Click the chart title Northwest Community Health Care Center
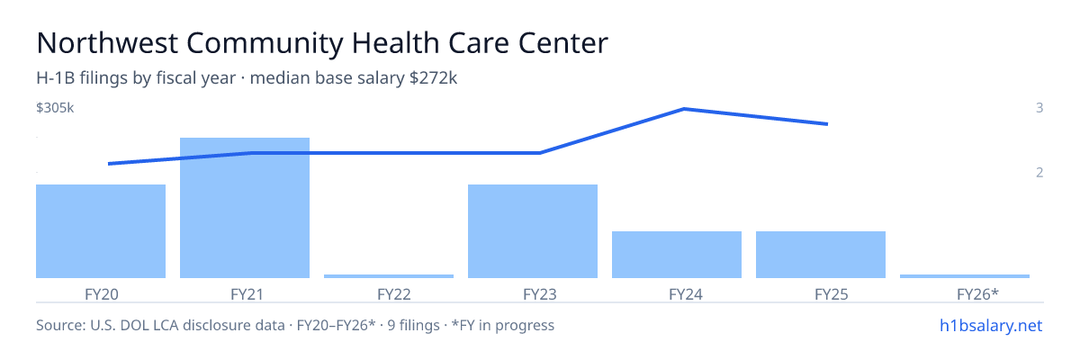click(x=322, y=43)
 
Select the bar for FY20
click(x=101, y=231)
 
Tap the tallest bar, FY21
click(x=245, y=208)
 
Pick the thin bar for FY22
click(x=389, y=276)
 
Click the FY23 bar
click(x=533, y=231)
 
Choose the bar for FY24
click(x=677, y=255)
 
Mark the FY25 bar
click(x=821, y=255)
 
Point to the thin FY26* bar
click(x=965, y=276)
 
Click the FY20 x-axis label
click(x=101, y=294)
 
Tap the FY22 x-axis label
click(x=394, y=294)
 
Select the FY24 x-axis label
click(x=686, y=294)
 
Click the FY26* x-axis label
click(x=977, y=294)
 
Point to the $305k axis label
click(x=55, y=108)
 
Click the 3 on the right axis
click(x=1039, y=108)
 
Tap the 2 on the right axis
click(x=1039, y=173)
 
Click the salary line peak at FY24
click(x=684, y=109)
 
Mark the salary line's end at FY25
click(x=827, y=124)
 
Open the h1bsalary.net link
click(x=991, y=326)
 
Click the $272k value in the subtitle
click(x=433, y=78)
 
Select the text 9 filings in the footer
click(x=414, y=326)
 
